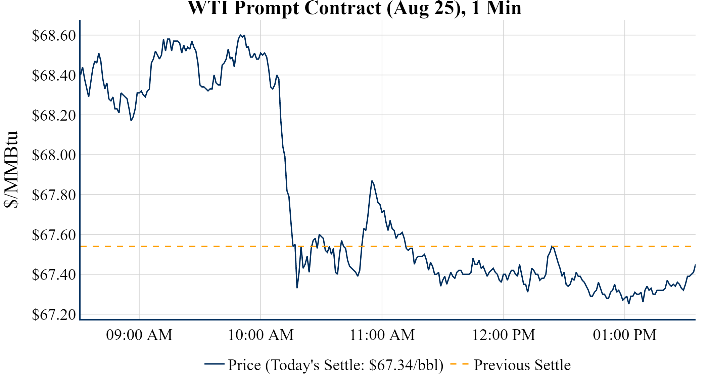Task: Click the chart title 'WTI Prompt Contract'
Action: (x=354, y=8)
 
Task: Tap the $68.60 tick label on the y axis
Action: (x=54, y=35)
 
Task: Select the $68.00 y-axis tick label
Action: (x=54, y=155)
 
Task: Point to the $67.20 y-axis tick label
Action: (x=54, y=315)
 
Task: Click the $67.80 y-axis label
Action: (x=54, y=195)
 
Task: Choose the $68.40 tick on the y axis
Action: (x=54, y=75)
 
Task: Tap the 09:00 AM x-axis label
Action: (x=139, y=335)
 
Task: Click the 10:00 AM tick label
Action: (x=261, y=335)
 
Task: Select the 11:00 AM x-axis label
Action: (x=382, y=335)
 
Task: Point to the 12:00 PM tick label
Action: (x=504, y=335)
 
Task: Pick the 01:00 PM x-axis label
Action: (x=625, y=335)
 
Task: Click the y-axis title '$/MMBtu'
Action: (x=11, y=170)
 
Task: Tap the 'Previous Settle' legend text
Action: (x=522, y=365)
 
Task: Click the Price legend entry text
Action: (x=336, y=365)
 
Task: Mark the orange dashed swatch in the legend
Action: (x=459, y=364)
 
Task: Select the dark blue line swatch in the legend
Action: (x=214, y=364)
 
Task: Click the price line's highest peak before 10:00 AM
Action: (x=240, y=35)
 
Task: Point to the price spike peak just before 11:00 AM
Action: (x=372, y=181)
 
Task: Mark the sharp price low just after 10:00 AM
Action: (x=297, y=288)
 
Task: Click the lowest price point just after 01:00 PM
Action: (x=629, y=304)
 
